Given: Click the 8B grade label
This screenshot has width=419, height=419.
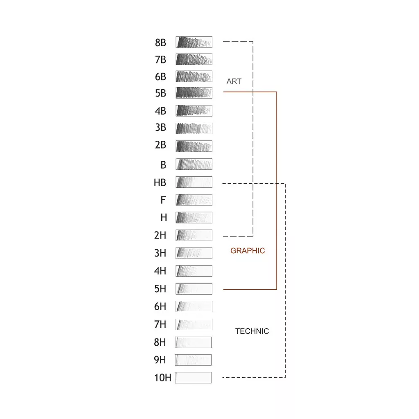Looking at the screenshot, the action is [160, 43].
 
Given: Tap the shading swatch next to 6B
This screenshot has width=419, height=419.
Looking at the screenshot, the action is [194, 77].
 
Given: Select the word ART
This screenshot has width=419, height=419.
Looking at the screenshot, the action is [234, 81].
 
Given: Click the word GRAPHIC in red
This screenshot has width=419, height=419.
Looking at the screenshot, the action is [248, 251].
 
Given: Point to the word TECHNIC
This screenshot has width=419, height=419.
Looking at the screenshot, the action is [252, 331].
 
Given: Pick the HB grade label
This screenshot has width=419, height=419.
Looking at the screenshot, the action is [160, 183].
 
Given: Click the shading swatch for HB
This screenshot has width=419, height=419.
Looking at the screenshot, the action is [194, 182].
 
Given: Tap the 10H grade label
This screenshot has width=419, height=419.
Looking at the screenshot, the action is [162, 378].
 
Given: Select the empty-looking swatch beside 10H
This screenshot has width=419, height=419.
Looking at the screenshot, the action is [193, 378].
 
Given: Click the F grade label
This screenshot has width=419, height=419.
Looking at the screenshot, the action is [163, 200].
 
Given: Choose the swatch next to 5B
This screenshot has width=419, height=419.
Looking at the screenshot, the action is [194, 93].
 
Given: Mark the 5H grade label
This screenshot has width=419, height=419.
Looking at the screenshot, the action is [160, 289].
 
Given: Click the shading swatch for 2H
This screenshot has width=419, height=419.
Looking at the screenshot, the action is [194, 235].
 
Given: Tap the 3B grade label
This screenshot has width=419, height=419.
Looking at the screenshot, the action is [160, 128].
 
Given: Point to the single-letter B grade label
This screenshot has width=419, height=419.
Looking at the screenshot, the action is [163, 165].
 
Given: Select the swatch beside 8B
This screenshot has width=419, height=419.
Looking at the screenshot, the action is [194, 42].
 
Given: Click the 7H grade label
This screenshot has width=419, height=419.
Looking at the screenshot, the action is [160, 324].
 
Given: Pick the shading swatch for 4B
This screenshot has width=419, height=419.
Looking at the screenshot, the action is [194, 110].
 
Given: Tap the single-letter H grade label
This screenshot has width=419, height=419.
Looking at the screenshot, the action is [164, 218].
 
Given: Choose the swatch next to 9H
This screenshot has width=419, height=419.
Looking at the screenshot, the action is [193, 360].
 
